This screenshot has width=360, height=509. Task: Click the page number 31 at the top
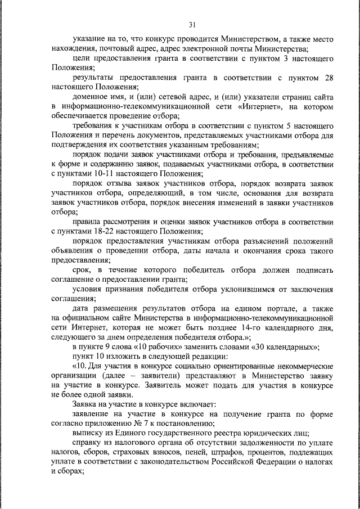tap(192, 24)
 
